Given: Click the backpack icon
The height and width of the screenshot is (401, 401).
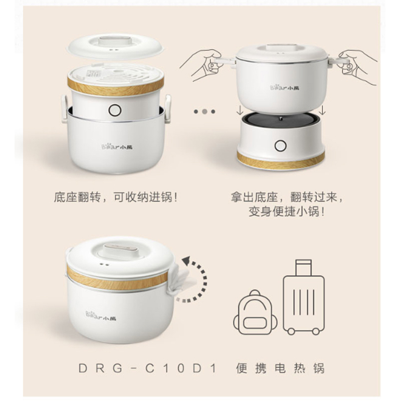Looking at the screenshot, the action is [x=255, y=312].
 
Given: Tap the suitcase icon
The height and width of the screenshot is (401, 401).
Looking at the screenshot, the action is [x=304, y=297].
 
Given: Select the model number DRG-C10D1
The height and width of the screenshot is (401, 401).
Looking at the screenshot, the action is [x=148, y=368].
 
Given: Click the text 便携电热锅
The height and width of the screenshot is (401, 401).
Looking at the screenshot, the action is [x=280, y=368].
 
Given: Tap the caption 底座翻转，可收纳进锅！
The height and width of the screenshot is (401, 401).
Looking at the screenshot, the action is [x=116, y=197].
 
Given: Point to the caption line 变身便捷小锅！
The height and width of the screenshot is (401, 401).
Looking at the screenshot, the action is [x=287, y=212].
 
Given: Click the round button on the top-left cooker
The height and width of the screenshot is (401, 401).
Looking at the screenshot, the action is [x=115, y=110].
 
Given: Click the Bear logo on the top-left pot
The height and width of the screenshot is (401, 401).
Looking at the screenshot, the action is [x=117, y=146].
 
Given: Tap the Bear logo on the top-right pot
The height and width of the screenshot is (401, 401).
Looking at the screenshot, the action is [x=285, y=88].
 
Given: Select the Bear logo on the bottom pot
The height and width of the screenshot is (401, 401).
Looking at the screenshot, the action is [x=101, y=316].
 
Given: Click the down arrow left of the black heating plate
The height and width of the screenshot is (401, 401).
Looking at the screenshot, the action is [x=240, y=110].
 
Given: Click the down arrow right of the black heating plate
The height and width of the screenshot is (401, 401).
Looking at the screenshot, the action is [x=322, y=110].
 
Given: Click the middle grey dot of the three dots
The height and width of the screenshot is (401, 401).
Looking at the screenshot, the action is [x=205, y=111].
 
